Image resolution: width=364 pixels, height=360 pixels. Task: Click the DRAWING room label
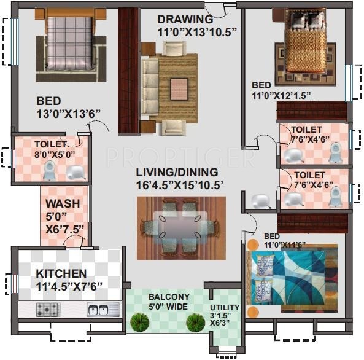(x=185, y=19)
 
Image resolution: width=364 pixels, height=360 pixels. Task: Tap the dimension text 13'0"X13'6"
(x=69, y=114)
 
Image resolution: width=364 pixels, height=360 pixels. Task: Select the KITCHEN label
(x=61, y=273)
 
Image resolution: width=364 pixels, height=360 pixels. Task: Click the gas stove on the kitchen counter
(x=48, y=310)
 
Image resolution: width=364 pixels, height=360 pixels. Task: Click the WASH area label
(x=63, y=203)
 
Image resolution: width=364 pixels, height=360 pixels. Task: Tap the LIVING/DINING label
(x=177, y=173)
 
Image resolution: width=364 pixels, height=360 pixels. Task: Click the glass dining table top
(x=180, y=227)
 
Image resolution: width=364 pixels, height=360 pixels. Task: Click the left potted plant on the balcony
(x=139, y=323)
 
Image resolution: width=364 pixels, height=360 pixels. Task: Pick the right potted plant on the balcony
(x=195, y=323)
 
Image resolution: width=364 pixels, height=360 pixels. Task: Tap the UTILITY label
(x=225, y=308)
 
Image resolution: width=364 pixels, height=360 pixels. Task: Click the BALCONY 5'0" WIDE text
(x=169, y=302)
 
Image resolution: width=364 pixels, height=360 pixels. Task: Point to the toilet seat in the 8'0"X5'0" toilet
(x=49, y=171)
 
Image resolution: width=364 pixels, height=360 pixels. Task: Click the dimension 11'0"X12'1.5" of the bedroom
(x=281, y=95)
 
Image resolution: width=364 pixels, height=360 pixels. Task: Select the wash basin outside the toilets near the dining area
(x=261, y=201)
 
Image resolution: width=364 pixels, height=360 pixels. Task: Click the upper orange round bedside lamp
(x=252, y=245)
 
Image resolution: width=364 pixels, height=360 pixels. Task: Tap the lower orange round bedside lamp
(x=252, y=312)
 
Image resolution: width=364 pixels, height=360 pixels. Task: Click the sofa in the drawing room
(x=150, y=88)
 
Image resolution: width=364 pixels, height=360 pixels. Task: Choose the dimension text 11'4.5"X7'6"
(x=69, y=286)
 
